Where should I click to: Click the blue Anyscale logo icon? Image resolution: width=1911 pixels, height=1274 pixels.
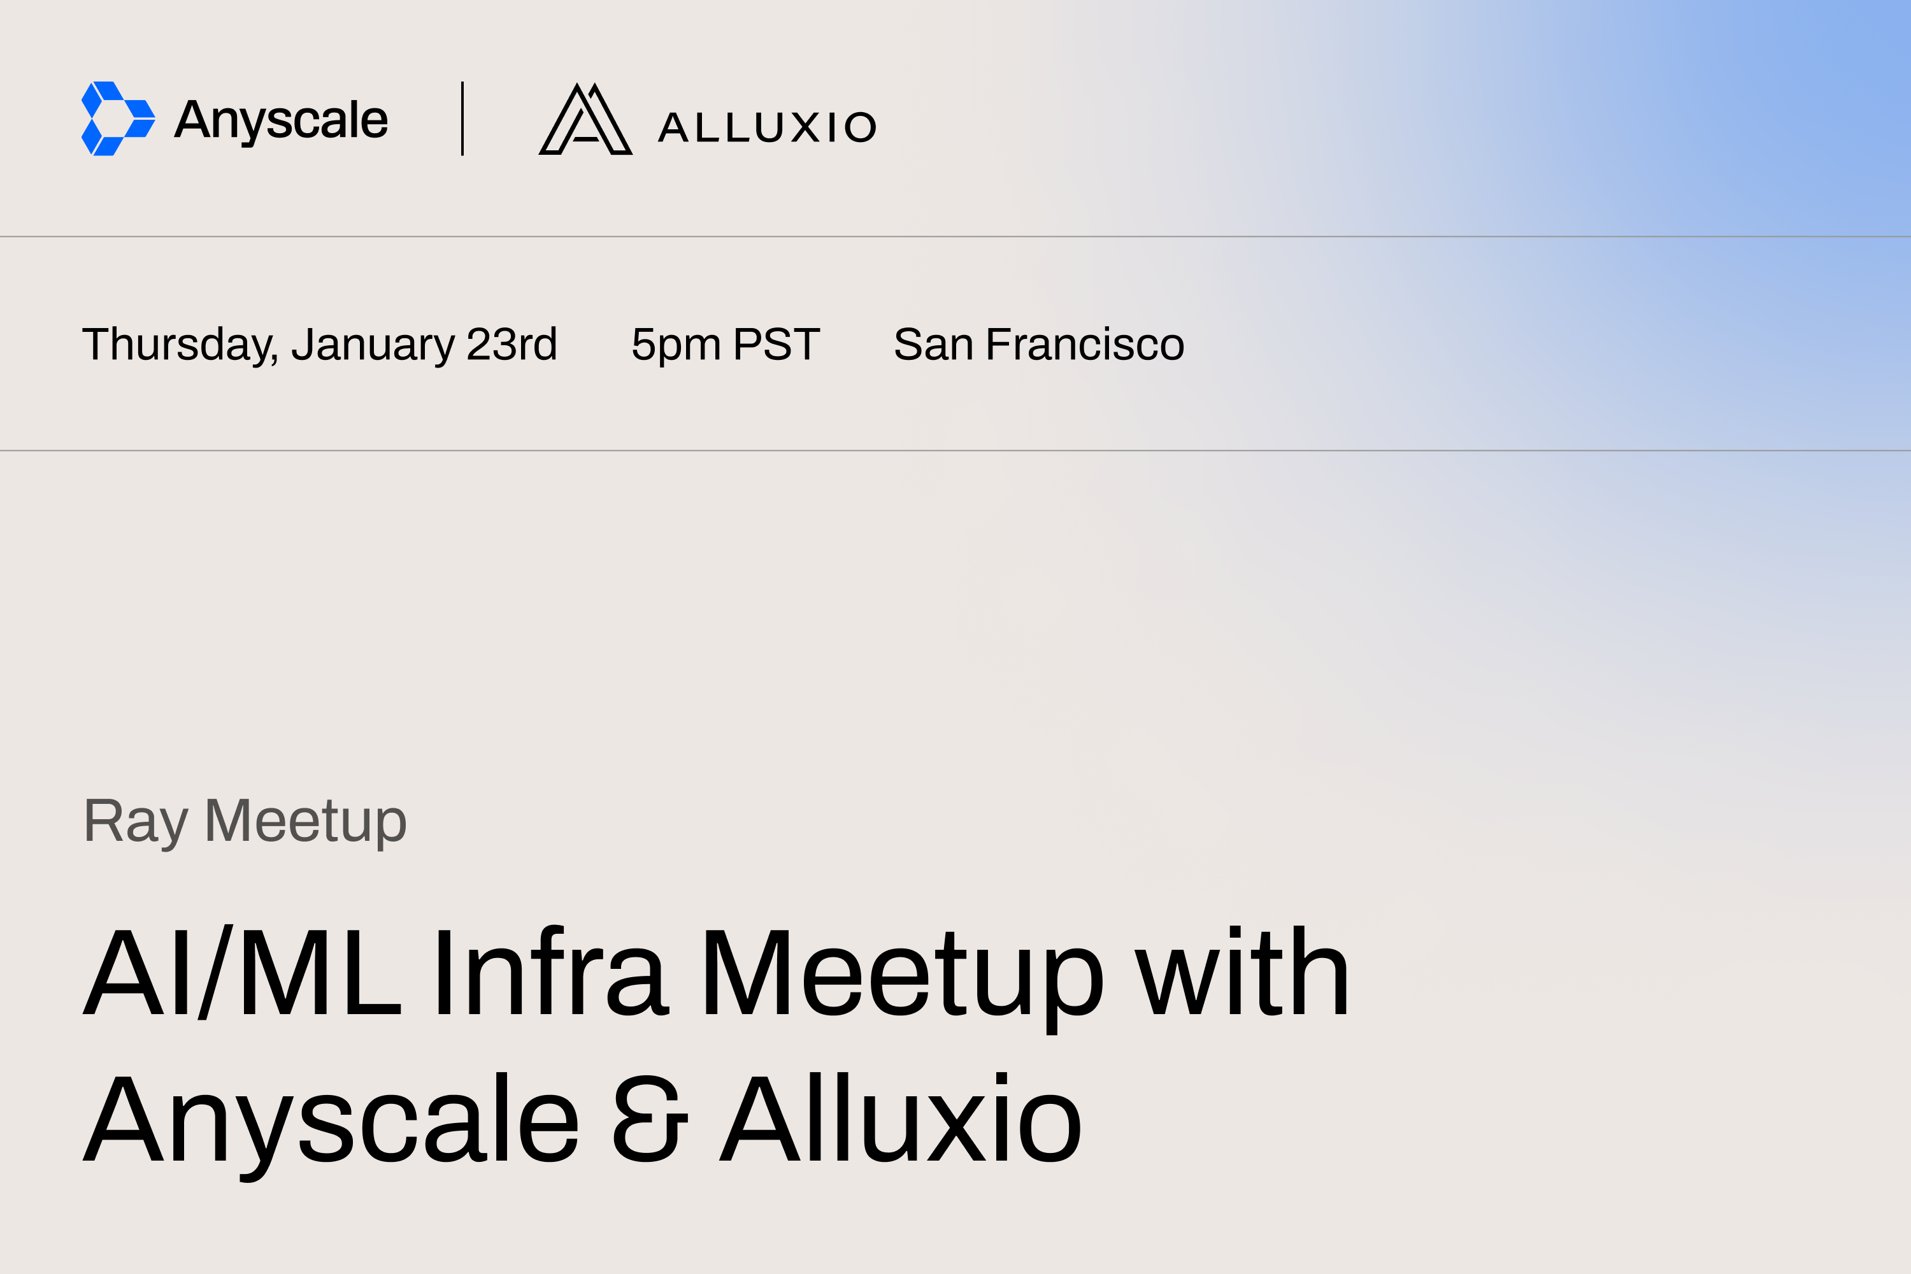point(118,118)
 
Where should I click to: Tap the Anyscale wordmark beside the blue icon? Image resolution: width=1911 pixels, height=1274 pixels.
point(281,120)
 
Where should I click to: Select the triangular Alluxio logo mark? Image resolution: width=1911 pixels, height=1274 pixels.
point(585,120)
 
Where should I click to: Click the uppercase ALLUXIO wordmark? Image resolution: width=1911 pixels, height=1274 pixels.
point(767,127)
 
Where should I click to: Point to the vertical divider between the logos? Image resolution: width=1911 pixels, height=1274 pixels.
point(462,118)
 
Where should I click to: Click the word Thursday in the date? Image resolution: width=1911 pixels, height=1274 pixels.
point(180,345)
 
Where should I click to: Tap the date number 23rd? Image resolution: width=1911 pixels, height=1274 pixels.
point(512,345)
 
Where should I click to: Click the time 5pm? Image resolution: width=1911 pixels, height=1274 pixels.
point(676,345)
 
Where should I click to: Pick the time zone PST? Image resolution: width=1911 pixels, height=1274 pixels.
point(776,345)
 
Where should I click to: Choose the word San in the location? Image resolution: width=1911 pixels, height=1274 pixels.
point(933,345)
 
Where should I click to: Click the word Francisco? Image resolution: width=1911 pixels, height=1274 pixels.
point(1085,345)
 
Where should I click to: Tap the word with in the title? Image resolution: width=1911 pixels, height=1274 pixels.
point(1242,973)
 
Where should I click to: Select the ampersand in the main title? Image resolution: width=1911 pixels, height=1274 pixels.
point(649,1120)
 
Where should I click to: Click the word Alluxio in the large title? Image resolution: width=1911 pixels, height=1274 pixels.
point(900,1120)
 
